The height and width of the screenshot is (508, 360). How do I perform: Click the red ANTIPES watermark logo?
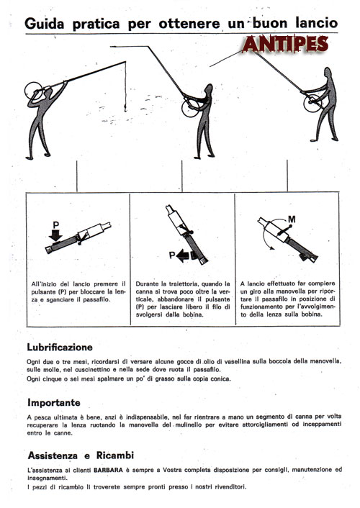(x=285, y=44)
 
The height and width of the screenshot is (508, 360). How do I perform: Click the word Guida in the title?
(x=44, y=23)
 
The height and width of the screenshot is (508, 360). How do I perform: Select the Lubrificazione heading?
(x=60, y=348)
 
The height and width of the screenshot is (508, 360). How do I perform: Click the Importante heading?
(x=54, y=403)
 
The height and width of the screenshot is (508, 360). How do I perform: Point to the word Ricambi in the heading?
(x=115, y=455)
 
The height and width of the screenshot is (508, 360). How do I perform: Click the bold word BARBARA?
(x=108, y=470)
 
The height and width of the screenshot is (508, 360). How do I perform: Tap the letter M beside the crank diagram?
(x=292, y=219)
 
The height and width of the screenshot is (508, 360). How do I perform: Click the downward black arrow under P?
(x=55, y=235)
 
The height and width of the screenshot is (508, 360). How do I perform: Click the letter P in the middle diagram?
(x=172, y=255)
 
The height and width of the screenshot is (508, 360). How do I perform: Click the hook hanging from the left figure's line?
(x=125, y=107)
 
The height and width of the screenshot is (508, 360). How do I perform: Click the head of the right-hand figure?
(x=328, y=73)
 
